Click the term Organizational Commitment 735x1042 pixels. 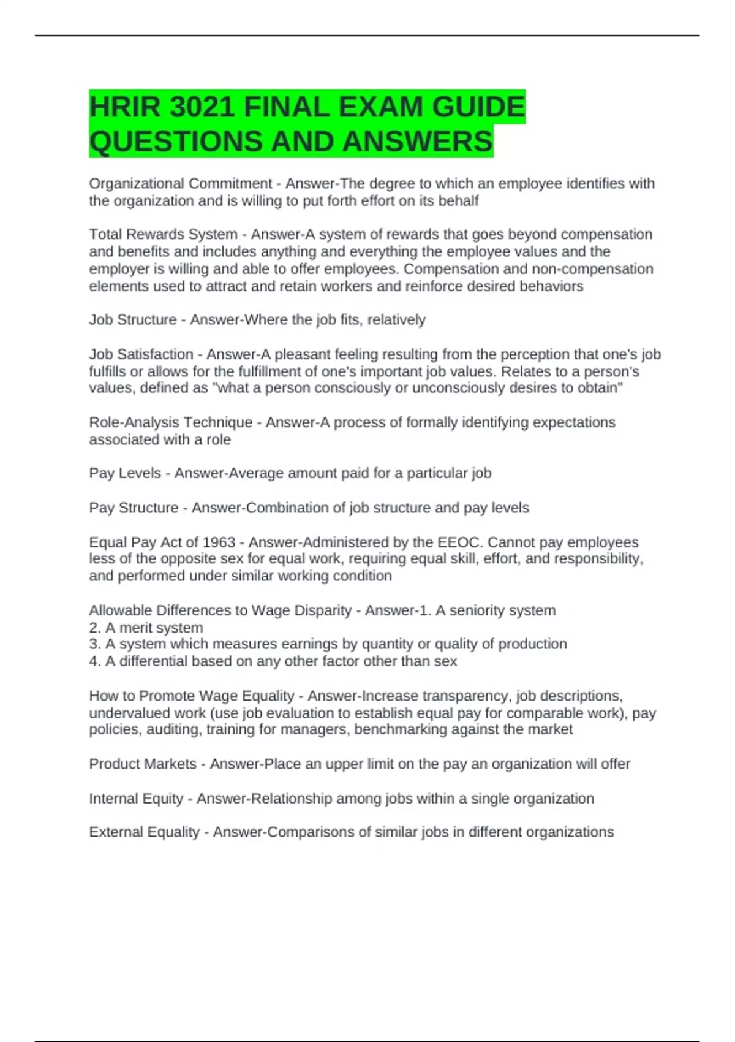[x=180, y=184]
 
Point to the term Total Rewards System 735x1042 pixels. [x=163, y=235]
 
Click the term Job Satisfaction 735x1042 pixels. [x=141, y=354]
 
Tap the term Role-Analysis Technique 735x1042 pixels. [x=170, y=422]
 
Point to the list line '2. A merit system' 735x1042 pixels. [x=146, y=628]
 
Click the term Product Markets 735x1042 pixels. [x=143, y=764]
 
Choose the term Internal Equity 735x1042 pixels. [x=136, y=799]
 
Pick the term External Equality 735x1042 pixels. [x=144, y=832]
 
